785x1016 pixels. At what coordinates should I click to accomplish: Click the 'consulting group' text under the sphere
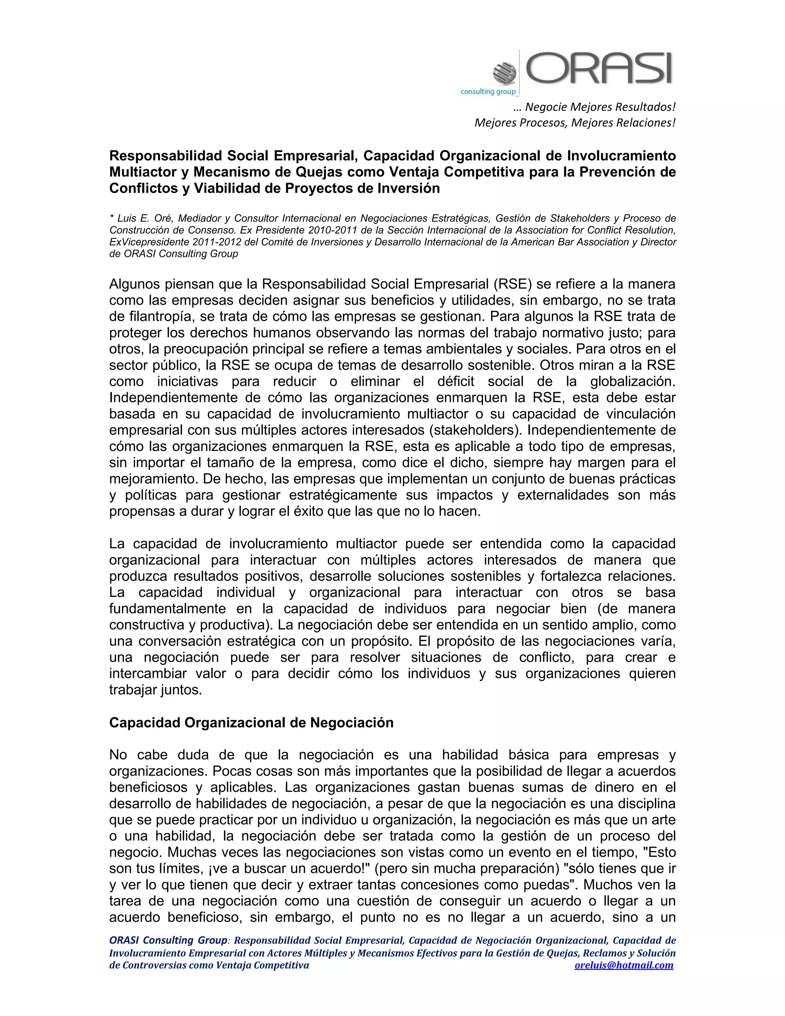pos(488,92)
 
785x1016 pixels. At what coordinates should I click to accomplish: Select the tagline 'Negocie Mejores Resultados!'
pos(599,107)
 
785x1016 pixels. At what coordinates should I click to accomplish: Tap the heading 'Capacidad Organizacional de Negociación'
pos(251,722)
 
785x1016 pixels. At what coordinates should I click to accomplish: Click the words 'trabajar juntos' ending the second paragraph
pos(155,690)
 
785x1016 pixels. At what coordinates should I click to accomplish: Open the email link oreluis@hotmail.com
pos(624,965)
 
